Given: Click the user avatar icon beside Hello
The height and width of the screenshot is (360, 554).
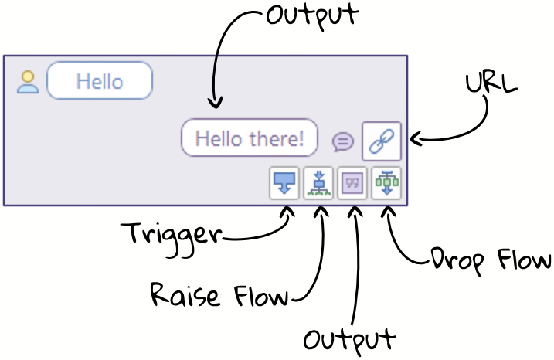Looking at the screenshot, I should click(28, 82).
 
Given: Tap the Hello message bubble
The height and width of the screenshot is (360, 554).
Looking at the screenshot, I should click(100, 81).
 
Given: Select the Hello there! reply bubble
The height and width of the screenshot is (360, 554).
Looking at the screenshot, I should click(250, 139).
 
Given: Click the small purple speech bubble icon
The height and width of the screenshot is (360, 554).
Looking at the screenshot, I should click(343, 141).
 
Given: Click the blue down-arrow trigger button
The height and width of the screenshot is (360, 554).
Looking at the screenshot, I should click(284, 184).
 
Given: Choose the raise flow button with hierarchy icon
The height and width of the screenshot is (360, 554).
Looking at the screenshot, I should click(318, 184).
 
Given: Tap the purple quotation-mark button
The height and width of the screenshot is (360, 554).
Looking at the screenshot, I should click(352, 184).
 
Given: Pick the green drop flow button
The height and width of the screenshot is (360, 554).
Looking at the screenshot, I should click(386, 184).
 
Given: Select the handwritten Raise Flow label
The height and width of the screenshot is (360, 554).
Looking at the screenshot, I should click(219, 294).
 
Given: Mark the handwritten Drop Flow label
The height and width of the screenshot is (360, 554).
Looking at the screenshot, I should click(491, 261).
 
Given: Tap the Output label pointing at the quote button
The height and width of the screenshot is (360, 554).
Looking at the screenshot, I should click(349, 340).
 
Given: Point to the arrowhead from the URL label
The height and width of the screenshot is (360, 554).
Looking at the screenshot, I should click(414, 140).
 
